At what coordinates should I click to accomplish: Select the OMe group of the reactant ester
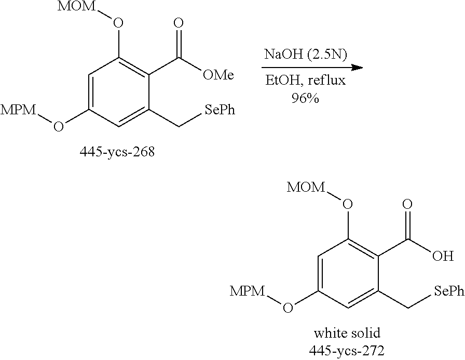pyautogui.click(x=218, y=76)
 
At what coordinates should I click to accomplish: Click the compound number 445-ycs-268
pyautogui.click(x=117, y=153)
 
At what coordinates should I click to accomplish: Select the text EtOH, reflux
pyautogui.click(x=305, y=82)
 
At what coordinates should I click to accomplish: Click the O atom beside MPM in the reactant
pyautogui.click(x=59, y=126)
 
